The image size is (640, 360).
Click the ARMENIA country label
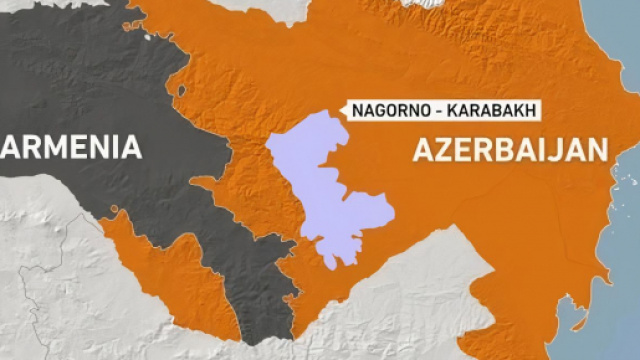pos(71,148)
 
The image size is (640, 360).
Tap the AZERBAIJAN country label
pos(510,150)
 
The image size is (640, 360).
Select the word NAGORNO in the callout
pos(385,111)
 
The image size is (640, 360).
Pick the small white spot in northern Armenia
pos(148,38)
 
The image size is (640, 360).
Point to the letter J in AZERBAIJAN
pos(565,150)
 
